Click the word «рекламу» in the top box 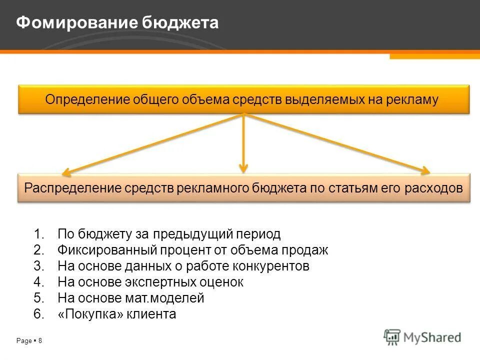(412, 99)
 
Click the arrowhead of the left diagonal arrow (65, 172)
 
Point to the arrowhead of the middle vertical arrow (243, 168)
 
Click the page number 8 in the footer (40, 341)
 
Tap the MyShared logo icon (392, 337)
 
